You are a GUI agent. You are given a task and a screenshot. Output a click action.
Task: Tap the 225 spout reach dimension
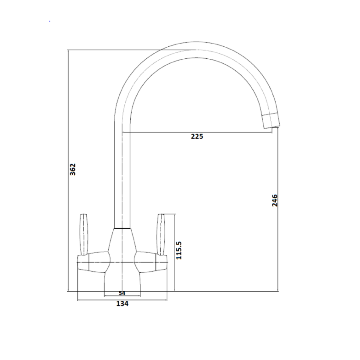(197, 137)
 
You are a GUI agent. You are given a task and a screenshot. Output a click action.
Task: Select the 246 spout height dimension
(274, 200)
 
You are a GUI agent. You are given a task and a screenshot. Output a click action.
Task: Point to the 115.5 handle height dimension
(179, 250)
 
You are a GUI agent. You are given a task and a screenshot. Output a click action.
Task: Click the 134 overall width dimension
(122, 304)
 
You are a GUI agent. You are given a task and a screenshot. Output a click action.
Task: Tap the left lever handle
(84, 234)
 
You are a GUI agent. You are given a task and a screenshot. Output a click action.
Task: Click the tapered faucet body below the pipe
(122, 244)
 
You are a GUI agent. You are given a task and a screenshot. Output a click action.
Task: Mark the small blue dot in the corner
(50, 20)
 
